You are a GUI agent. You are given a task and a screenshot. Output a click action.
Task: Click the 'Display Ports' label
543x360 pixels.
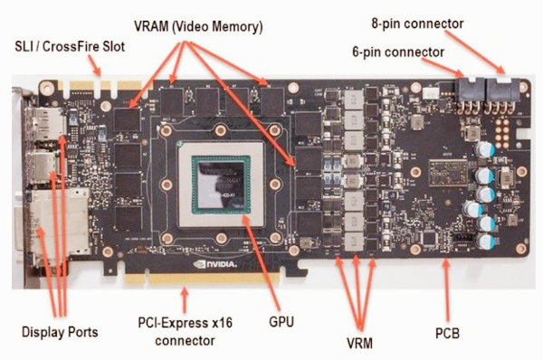point(61,332)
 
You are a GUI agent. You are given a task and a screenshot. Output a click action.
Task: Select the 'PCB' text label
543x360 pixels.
point(447,334)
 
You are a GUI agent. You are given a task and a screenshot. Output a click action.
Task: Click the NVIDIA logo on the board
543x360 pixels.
point(216,242)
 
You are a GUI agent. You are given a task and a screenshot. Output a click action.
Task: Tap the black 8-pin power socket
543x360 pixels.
point(500,90)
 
